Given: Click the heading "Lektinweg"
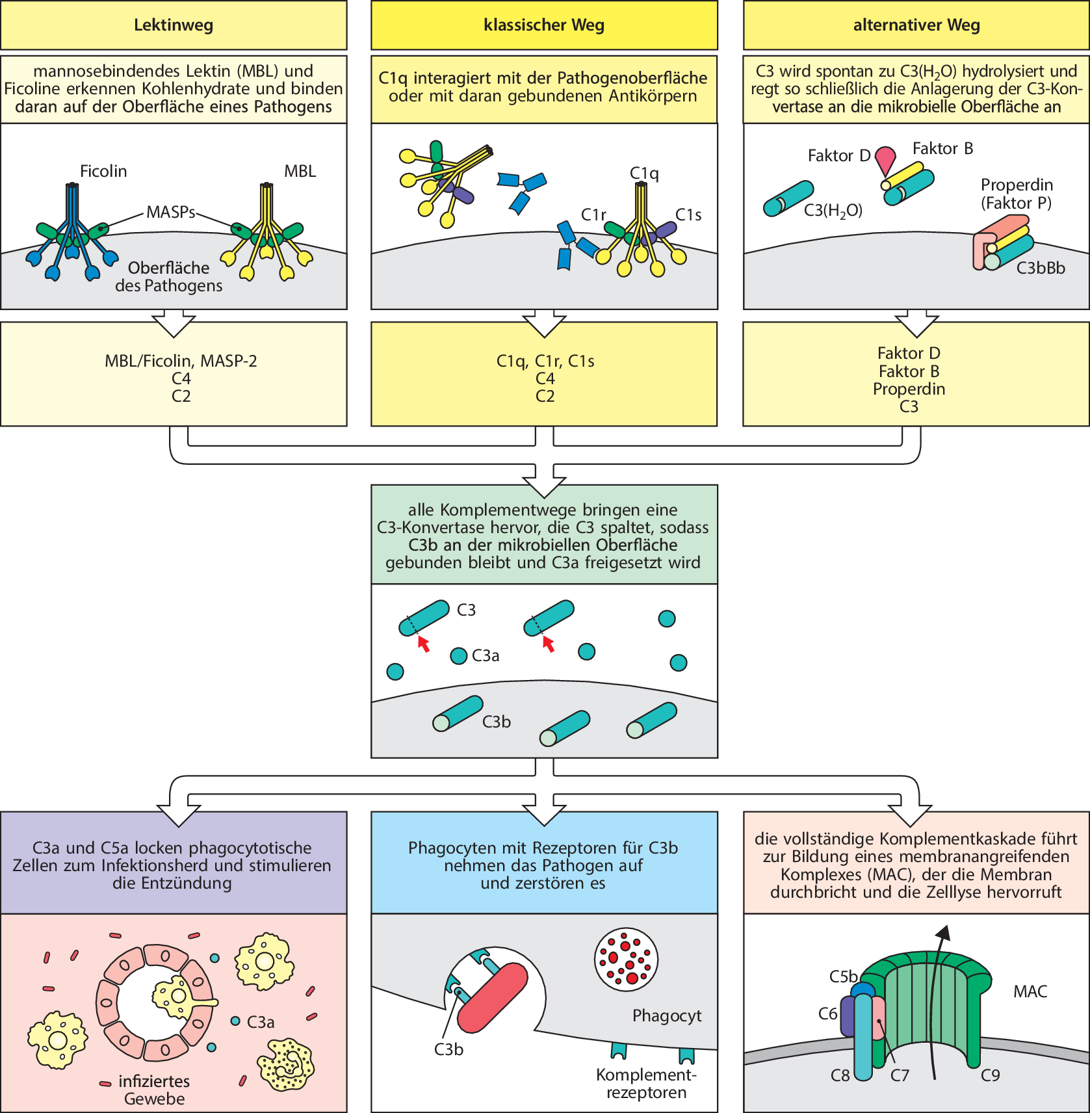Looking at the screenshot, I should (x=173, y=25).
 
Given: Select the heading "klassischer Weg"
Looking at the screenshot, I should (x=544, y=25).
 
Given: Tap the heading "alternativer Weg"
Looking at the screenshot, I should (x=916, y=25).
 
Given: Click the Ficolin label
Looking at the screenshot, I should (x=103, y=171).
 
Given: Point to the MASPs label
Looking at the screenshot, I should (x=170, y=212).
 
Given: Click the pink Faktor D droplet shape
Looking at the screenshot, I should (x=885, y=159).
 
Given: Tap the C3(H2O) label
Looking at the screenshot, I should (x=833, y=211).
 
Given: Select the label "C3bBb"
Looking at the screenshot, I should (x=1041, y=268).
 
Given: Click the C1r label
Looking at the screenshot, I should (x=593, y=215).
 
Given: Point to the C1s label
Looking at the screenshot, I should (x=688, y=215).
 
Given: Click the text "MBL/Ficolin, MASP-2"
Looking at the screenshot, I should (x=181, y=361).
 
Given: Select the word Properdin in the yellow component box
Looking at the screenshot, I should (x=909, y=389).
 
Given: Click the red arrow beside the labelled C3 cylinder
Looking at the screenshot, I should (x=424, y=644).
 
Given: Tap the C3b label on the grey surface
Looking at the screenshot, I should (x=497, y=722).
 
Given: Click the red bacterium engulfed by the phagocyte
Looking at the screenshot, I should (x=492, y=998).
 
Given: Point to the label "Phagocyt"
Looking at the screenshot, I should (x=667, y=1015).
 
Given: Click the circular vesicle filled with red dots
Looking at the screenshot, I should (x=626, y=960).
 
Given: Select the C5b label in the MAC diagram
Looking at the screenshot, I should (x=843, y=976).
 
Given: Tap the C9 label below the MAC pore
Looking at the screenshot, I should (x=990, y=1076).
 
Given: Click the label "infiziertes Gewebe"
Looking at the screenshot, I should (x=154, y=1090).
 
